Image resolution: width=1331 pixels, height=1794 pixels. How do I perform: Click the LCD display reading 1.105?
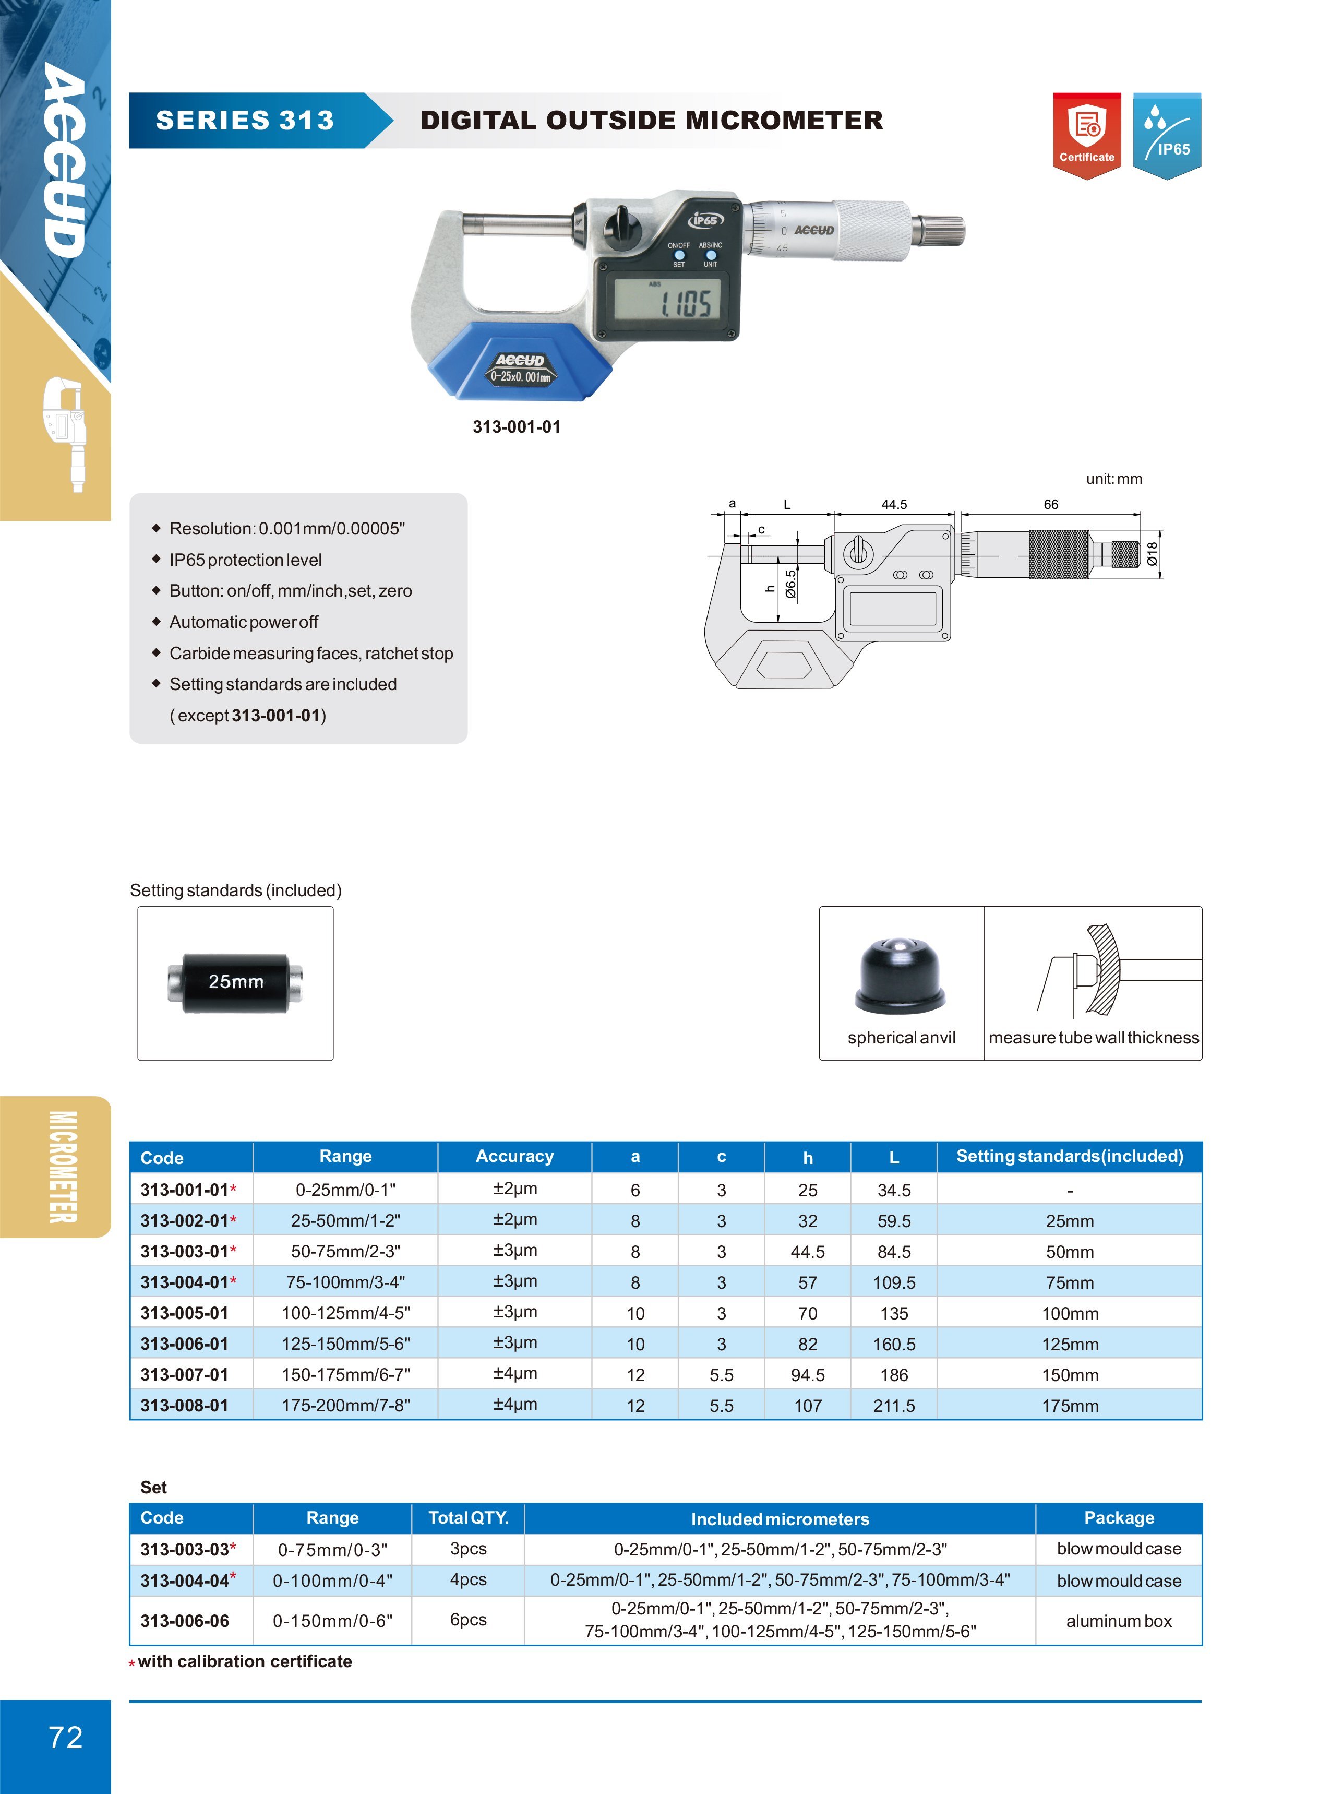[x=666, y=302]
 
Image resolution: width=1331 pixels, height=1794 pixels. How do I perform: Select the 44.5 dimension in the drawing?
[x=894, y=505]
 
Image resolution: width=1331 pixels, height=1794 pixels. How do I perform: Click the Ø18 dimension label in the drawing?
[x=1152, y=554]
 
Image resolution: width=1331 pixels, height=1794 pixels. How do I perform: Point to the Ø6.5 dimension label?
[x=790, y=584]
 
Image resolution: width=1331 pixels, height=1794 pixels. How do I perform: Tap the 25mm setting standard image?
[x=235, y=982]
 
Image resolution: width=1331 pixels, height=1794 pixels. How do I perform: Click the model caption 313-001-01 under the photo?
[x=517, y=427]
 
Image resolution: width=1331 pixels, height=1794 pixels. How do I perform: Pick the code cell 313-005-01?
[x=185, y=1313]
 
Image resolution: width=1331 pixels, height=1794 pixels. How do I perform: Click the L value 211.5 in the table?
[x=894, y=1406]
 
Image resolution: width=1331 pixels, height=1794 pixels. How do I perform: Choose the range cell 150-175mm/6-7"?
[x=345, y=1375]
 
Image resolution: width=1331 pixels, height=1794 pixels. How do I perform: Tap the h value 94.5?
[x=807, y=1375]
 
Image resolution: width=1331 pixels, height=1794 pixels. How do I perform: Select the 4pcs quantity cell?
[x=468, y=1579]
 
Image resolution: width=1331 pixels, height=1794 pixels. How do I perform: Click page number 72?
[x=65, y=1737]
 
